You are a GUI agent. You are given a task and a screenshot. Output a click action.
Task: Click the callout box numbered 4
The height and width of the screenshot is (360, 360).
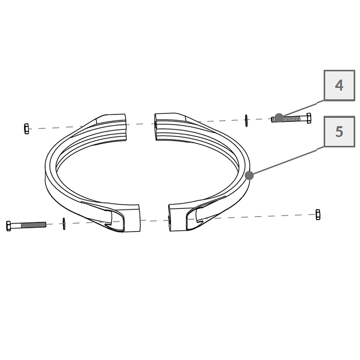tap(339, 85)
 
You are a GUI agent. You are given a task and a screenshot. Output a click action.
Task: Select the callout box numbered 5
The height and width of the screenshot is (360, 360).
tap(339, 131)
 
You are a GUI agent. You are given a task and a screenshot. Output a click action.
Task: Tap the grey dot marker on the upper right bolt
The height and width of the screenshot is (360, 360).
tap(279, 118)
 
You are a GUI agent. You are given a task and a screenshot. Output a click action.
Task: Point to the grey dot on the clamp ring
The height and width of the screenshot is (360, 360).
tap(249, 175)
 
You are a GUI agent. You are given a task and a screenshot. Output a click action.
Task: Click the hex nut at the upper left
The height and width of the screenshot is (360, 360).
tap(26, 129)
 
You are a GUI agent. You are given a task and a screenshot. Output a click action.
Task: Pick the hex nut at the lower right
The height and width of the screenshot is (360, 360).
tap(318, 215)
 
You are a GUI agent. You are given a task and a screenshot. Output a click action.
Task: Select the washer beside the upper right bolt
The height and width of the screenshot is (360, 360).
tap(246, 121)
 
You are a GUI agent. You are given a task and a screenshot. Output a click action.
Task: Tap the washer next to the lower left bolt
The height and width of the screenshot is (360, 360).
tap(64, 224)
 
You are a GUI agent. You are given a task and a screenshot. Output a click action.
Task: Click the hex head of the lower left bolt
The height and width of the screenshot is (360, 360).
tap(9, 226)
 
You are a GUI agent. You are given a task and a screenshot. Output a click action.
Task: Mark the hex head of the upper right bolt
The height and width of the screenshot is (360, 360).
tap(309, 118)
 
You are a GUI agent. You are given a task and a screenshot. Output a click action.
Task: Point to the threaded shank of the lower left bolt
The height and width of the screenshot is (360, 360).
tap(33, 225)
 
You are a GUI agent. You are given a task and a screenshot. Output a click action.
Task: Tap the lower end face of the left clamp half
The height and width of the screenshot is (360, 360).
tap(131, 218)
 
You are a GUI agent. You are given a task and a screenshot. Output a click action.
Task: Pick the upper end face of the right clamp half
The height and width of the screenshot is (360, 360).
tap(156, 127)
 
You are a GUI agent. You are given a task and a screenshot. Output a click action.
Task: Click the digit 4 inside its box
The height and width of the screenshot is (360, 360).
tap(339, 85)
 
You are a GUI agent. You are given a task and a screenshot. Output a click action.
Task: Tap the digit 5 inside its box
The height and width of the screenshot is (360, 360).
tap(339, 131)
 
